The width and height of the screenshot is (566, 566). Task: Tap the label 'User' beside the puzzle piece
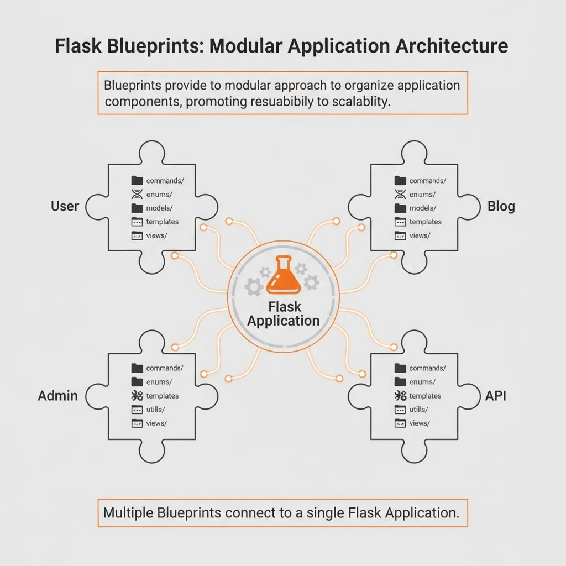pyautogui.click(x=65, y=206)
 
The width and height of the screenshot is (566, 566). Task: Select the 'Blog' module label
pyautogui.click(x=501, y=206)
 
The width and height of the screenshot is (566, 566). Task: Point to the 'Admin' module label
pyautogui.click(x=57, y=396)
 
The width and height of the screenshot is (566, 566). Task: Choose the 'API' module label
pyautogui.click(x=496, y=396)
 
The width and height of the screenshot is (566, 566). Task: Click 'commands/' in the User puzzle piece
pyautogui.click(x=164, y=181)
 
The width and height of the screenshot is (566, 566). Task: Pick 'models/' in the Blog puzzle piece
pyautogui.click(x=423, y=208)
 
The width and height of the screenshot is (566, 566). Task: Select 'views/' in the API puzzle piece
pyautogui.click(x=419, y=423)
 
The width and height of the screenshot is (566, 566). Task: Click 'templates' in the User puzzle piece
pyautogui.click(x=163, y=222)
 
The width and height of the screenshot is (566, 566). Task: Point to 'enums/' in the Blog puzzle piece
pyautogui.click(x=422, y=195)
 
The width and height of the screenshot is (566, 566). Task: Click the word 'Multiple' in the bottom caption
pyautogui.click(x=129, y=512)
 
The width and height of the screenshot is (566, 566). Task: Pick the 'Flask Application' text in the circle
pyautogui.click(x=284, y=313)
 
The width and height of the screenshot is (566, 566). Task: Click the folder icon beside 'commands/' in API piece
pyautogui.click(x=400, y=368)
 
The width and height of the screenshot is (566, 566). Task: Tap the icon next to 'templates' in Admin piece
pyautogui.click(x=137, y=396)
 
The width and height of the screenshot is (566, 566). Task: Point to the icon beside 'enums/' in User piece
pyautogui.click(x=137, y=195)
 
